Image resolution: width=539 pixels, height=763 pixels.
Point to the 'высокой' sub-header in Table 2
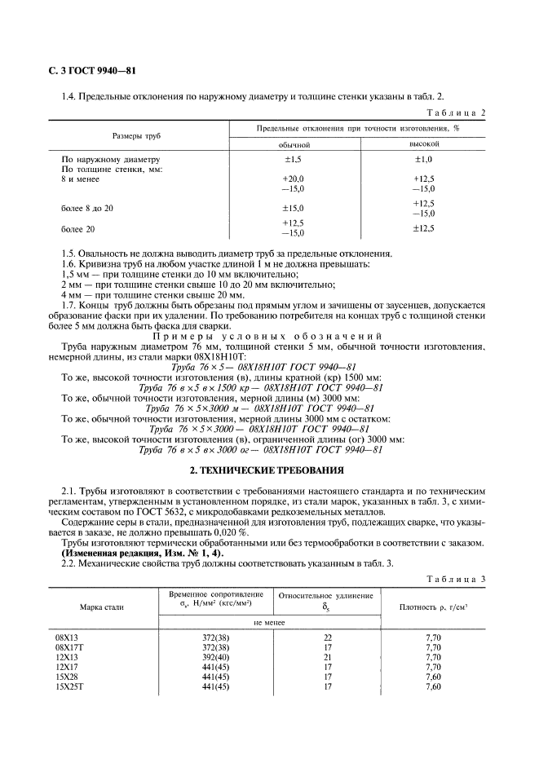pyautogui.click(x=423, y=144)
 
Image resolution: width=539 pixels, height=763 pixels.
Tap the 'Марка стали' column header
pyautogui.click(x=100, y=607)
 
